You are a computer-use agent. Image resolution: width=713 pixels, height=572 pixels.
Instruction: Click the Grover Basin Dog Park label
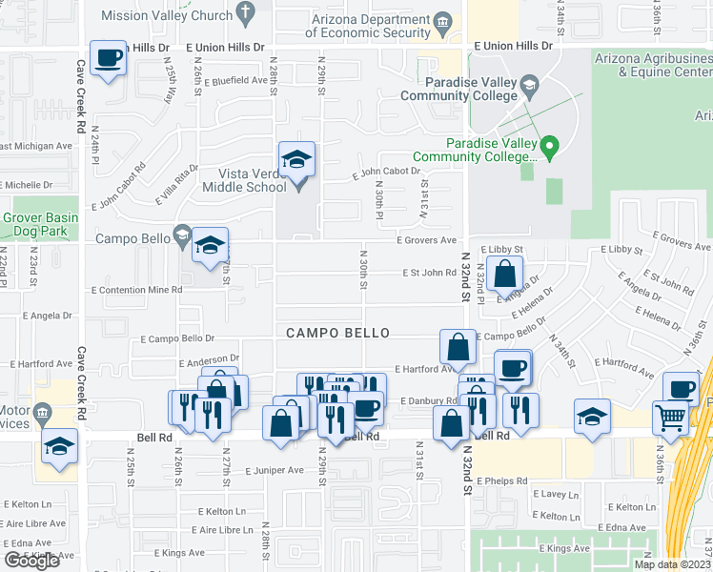(39, 224)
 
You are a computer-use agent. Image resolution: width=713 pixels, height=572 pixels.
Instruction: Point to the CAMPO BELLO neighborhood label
(338, 333)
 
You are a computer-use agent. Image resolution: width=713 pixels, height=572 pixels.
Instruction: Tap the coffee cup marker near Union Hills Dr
(108, 58)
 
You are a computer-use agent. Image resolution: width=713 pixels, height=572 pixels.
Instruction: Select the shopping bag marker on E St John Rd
(504, 274)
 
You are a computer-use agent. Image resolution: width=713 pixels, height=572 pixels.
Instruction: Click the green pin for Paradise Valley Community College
(548, 147)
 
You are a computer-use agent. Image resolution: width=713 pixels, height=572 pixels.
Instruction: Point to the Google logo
(31, 561)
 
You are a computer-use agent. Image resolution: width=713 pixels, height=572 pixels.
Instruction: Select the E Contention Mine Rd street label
(136, 289)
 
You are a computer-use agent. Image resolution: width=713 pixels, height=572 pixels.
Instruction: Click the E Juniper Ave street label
(274, 470)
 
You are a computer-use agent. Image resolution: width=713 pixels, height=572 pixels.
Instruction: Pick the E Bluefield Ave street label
(234, 81)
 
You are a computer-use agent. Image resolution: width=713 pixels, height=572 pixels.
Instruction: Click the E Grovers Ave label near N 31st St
(427, 241)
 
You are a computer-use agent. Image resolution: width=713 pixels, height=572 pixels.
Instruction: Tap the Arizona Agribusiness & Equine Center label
(653, 65)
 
